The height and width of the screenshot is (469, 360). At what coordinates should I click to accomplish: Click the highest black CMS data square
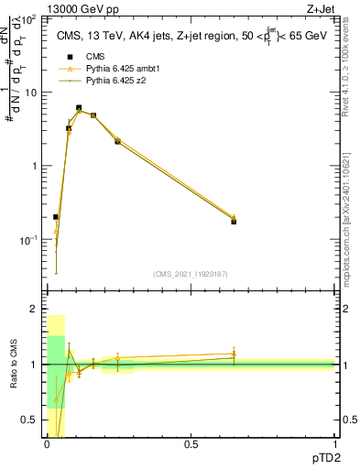[x=79, y=108]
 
